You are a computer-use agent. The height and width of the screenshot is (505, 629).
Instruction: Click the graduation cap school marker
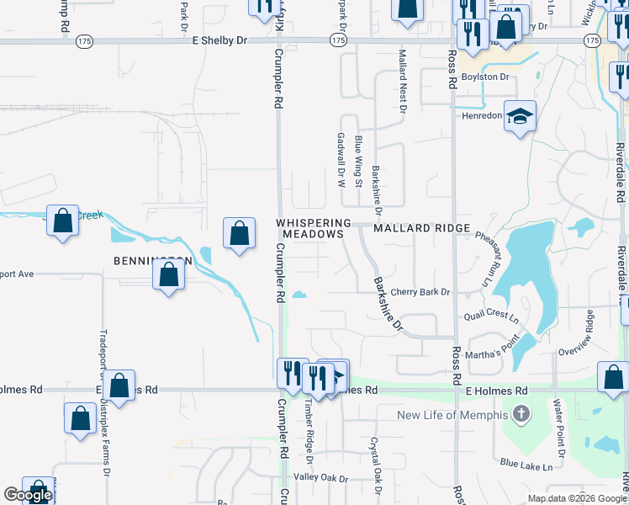(521, 117)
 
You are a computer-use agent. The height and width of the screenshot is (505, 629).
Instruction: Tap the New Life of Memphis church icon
(521, 414)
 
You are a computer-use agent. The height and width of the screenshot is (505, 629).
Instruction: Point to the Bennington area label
(152, 261)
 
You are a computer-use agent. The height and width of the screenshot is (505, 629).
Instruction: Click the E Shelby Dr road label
(219, 40)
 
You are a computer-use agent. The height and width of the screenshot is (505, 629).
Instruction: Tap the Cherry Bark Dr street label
(420, 292)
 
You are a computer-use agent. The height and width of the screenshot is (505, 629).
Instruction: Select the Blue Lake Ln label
(531, 464)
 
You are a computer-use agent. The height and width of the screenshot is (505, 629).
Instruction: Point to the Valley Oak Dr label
(320, 478)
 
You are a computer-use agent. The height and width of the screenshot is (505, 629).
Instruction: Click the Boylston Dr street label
(486, 77)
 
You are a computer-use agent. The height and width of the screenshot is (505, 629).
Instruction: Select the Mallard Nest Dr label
(402, 82)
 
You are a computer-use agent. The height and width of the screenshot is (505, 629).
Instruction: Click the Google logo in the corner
(28, 496)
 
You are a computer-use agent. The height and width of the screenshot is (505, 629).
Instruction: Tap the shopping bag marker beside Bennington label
(169, 275)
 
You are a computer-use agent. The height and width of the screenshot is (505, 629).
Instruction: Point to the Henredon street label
(481, 116)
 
